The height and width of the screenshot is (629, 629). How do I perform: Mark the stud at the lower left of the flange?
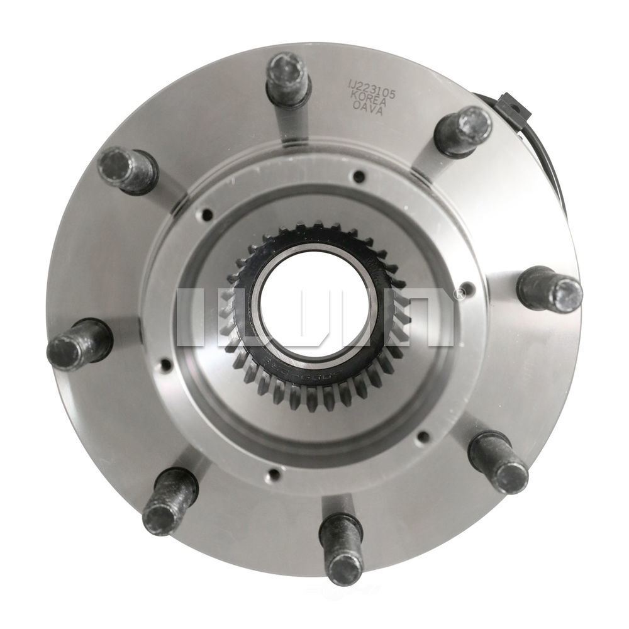tap(169, 502)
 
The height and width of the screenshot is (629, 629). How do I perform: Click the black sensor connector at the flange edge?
tap(513, 107)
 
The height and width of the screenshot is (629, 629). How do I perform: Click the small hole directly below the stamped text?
tap(359, 176)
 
